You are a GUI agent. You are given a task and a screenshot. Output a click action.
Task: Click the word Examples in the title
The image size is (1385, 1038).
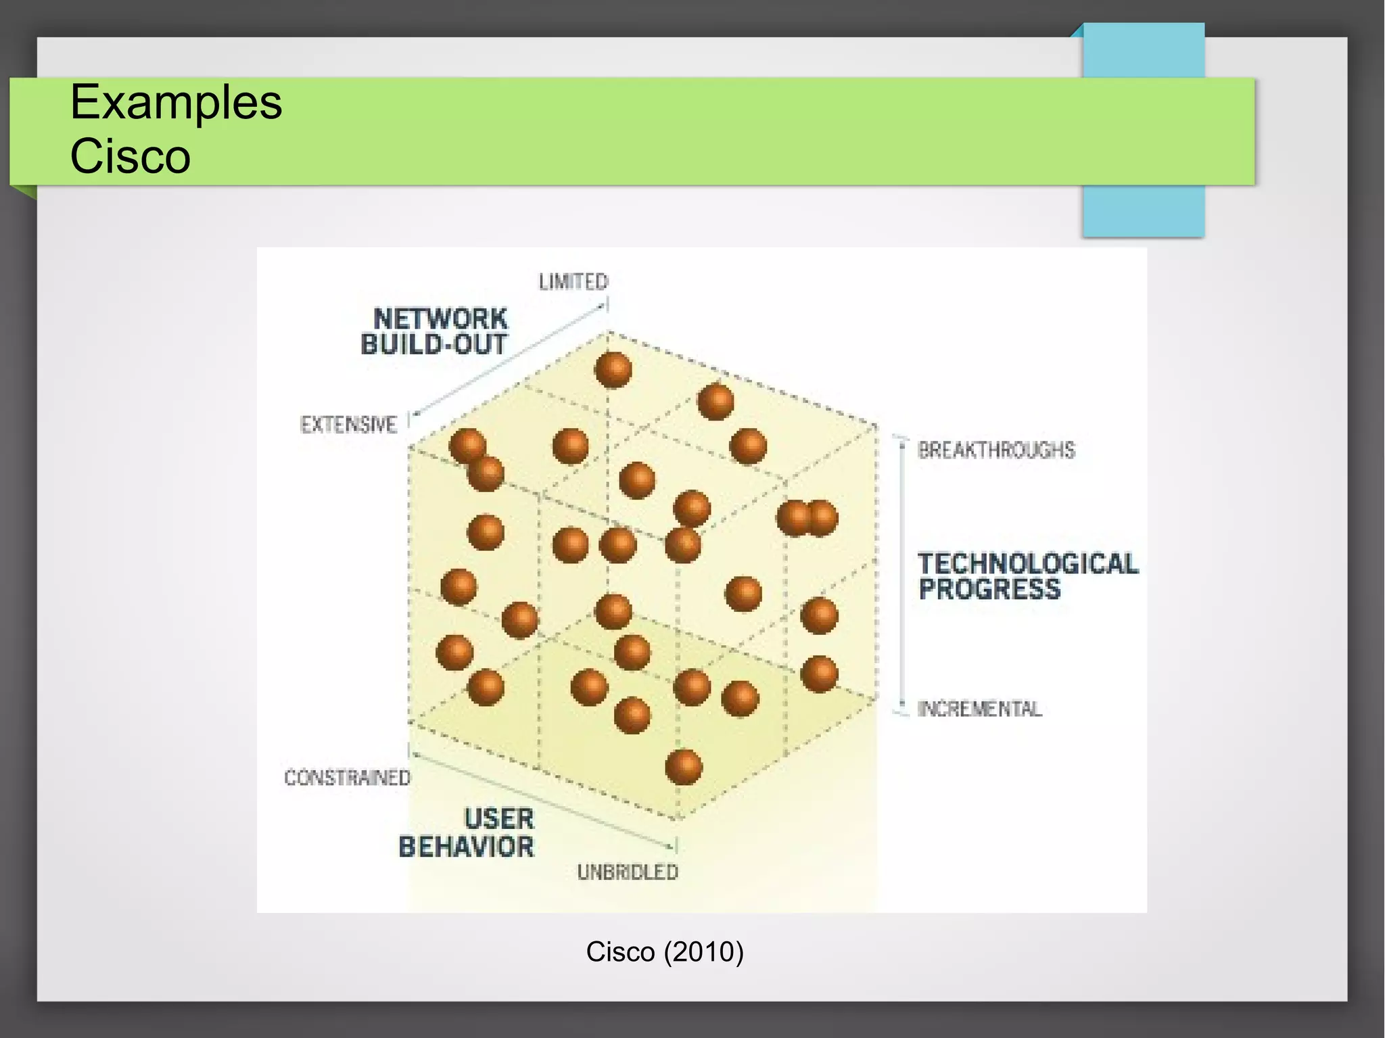pos(176,103)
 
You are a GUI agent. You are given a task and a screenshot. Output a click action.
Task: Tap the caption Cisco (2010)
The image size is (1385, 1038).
pos(664,952)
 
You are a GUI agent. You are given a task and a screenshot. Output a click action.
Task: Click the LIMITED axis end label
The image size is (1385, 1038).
pos(573,282)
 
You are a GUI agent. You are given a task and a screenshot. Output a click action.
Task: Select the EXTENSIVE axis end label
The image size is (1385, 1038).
pos(348,425)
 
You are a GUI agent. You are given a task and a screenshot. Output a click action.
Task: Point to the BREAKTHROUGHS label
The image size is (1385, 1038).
pos(995,450)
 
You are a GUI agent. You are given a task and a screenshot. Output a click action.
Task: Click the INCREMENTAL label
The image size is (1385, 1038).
pos(979,709)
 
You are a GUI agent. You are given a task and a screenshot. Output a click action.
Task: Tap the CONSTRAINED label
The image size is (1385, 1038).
pos(347,778)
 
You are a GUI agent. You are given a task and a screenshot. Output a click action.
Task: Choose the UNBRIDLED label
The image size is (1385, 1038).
pos(628,873)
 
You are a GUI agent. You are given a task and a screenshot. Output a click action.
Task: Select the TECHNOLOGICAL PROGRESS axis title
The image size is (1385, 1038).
pos(1027,576)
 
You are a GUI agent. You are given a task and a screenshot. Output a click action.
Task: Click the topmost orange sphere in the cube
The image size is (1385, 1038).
pos(613,370)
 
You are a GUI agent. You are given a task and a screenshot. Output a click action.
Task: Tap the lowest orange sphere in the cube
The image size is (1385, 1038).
pos(684,767)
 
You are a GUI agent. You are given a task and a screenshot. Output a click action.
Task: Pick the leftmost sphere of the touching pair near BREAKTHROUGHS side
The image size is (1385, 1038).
pos(793,519)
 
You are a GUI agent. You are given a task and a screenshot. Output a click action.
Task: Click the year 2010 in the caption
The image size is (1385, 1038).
pos(703,952)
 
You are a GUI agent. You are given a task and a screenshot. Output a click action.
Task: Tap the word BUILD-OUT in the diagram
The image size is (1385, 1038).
pos(433,345)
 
